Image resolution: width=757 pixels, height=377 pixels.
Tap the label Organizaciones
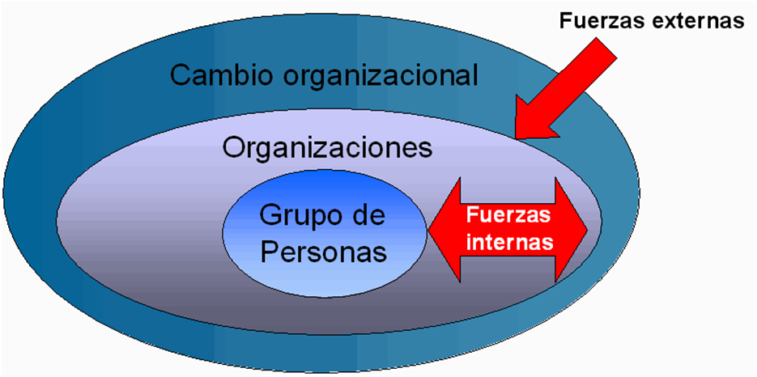point(327,147)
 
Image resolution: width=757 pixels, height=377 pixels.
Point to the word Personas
point(324,251)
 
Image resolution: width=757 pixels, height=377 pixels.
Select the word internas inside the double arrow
point(508,241)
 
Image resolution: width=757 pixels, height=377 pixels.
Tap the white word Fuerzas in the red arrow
point(508,216)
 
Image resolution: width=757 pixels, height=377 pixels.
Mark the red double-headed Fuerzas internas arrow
point(508,229)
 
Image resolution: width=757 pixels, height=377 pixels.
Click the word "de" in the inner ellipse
point(367,215)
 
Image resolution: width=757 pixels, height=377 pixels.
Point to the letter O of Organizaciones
point(232,147)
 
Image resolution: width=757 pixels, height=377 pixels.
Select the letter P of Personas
point(270,250)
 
